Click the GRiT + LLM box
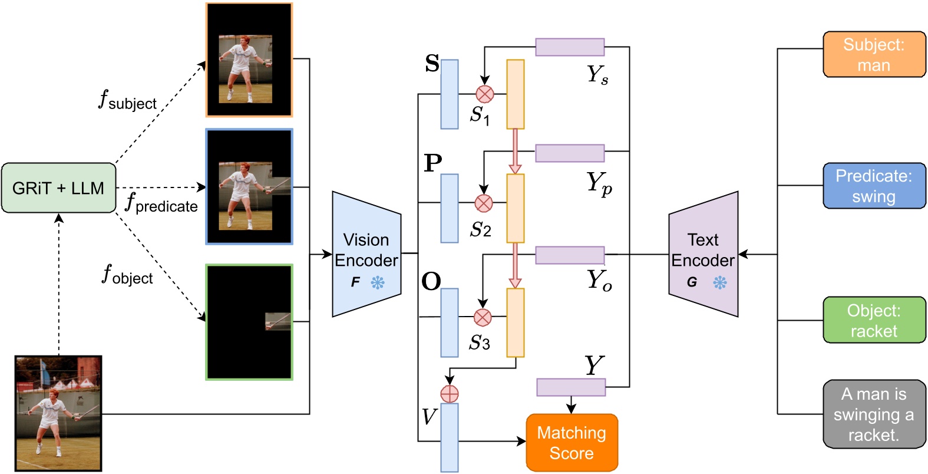pyautogui.click(x=58, y=188)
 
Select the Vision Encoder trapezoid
pyautogui.click(x=366, y=254)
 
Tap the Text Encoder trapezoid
pyautogui.click(x=703, y=254)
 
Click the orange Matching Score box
pyautogui.click(x=572, y=443)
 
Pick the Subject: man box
pyautogui.click(x=874, y=54)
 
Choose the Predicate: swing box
pyautogui.click(x=874, y=186)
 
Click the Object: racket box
pyautogui.click(x=874, y=320)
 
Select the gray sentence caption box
pyautogui.click(x=874, y=414)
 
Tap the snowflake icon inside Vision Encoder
pyautogui.click(x=378, y=282)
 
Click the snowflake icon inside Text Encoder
pyautogui.click(x=720, y=282)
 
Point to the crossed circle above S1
pyautogui.click(x=484, y=94)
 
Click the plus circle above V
pyautogui.click(x=450, y=393)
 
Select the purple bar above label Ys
pyautogui.click(x=570, y=47)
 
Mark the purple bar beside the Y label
pyautogui.click(x=571, y=387)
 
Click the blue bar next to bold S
pyautogui.click(x=450, y=94)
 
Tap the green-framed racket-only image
pyautogui.click(x=249, y=322)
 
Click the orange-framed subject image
pyautogui.click(x=249, y=60)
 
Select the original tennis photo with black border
pyautogui.click(x=58, y=413)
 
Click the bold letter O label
pyautogui.click(x=431, y=282)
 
